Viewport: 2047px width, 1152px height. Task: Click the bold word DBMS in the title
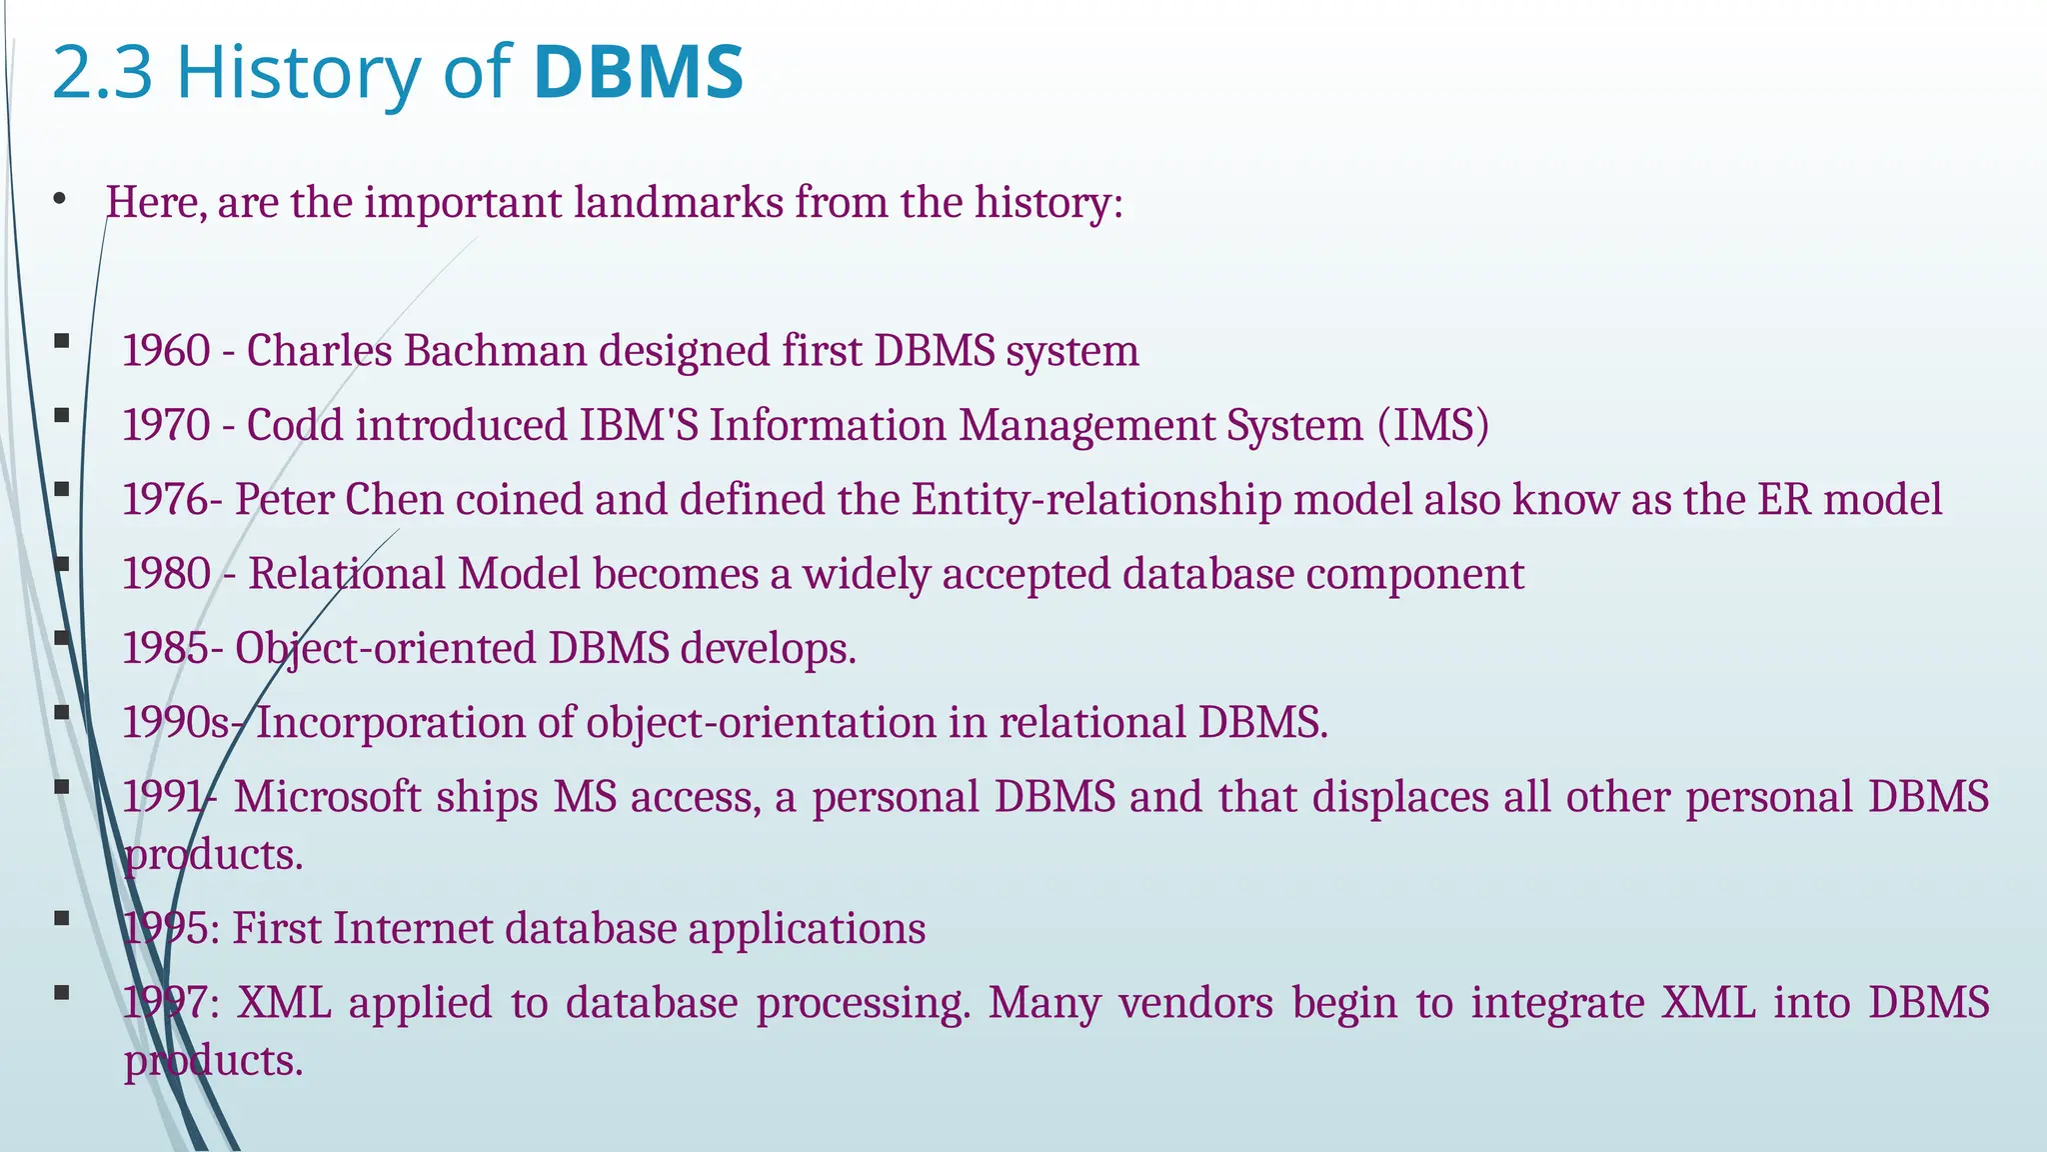(x=638, y=72)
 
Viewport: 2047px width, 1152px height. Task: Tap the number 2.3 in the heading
(x=101, y=72)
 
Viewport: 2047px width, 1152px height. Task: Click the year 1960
(x=166, y=351)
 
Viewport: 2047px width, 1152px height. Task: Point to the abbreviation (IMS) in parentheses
(x=1433, y=425)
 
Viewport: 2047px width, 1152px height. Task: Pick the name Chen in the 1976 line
(x=394, y=499)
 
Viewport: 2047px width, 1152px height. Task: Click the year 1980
(x=166, y=574)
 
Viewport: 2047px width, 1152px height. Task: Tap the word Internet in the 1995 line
(x=413, y=928)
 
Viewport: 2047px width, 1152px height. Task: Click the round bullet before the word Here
(x=60, y=199)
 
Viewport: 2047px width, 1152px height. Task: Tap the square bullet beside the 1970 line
(x=62, y=415)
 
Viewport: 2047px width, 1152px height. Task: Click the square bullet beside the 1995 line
(x=62, y=918)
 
